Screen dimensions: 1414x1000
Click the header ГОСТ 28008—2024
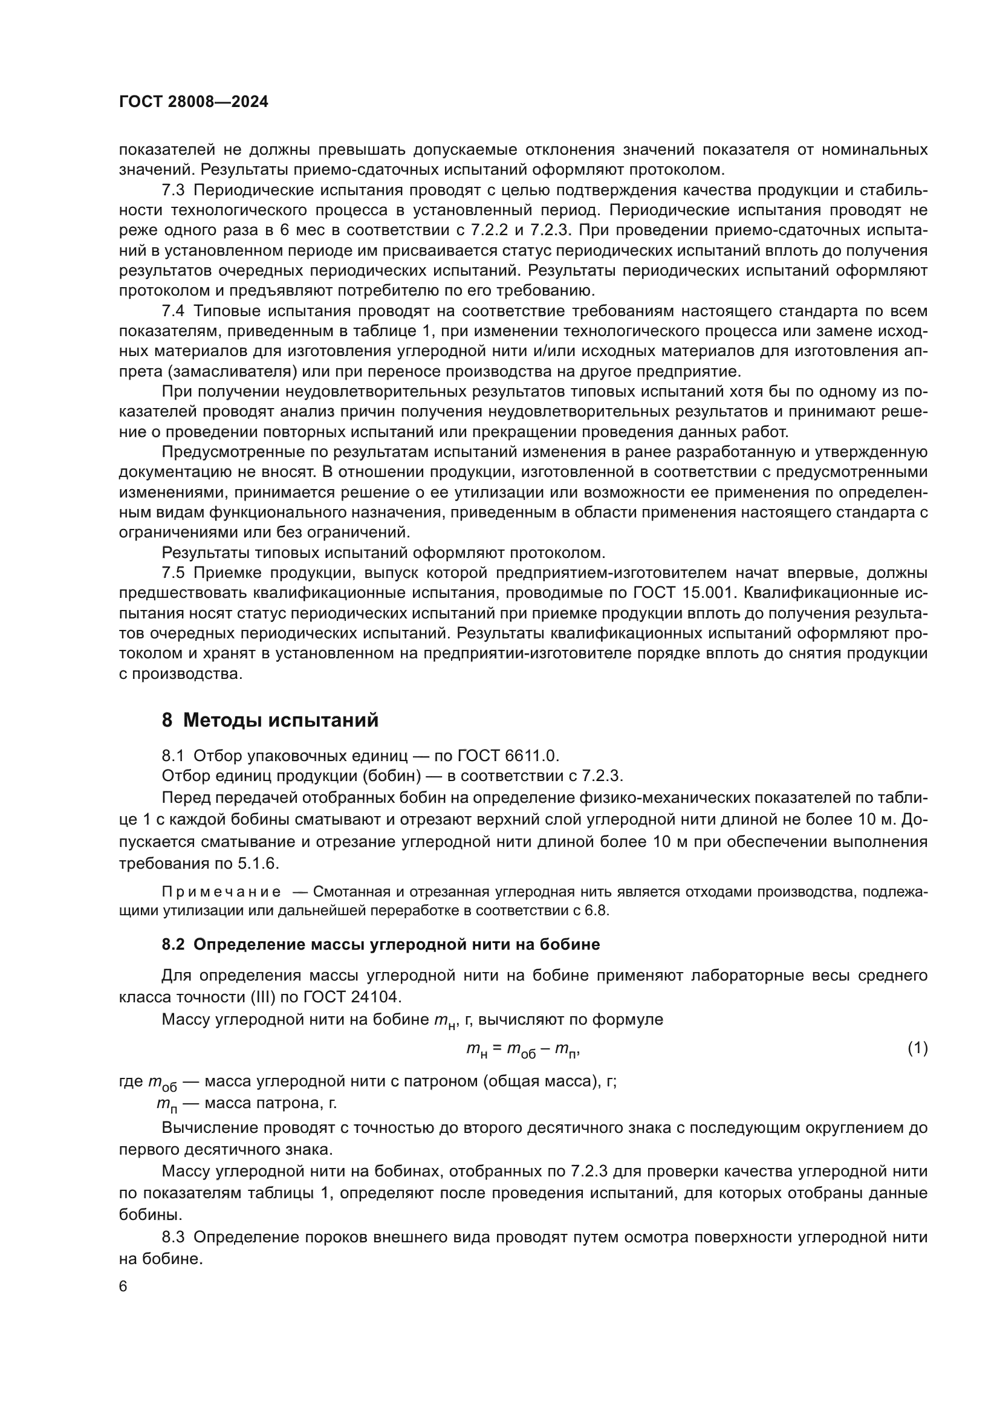[193, 102]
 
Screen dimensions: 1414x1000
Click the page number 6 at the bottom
[123, 1287]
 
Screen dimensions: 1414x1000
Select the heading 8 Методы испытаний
[270, 720]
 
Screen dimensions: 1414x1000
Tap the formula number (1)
[918, 1048]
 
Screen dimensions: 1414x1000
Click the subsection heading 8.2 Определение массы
[380, 945]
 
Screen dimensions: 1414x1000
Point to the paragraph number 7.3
[173, 190]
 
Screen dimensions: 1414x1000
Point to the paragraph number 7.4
[173, 311]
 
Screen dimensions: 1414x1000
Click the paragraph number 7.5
[173, 572]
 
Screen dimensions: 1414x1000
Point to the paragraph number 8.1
[173, 756]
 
